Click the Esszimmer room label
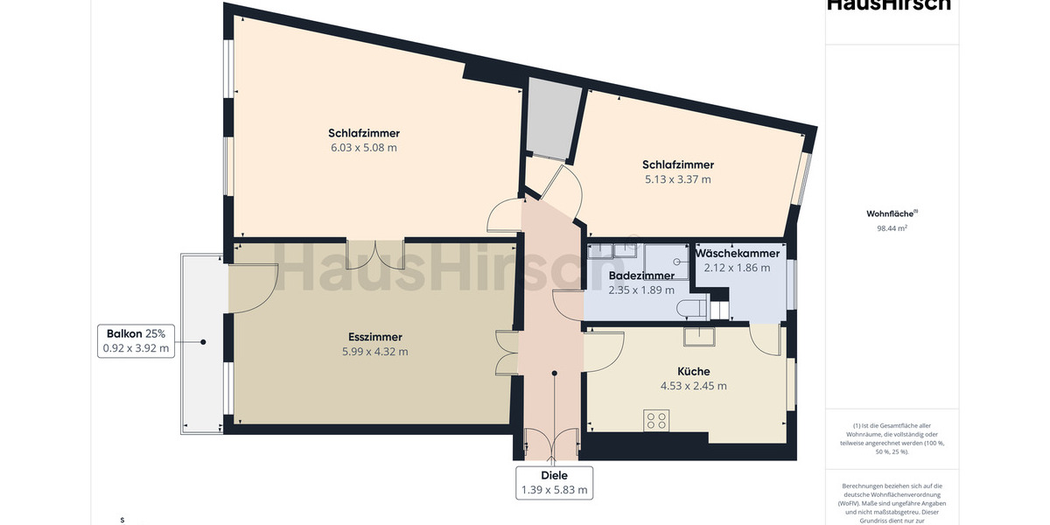(x=374, y=337)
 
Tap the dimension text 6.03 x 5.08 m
(x=363, y=148)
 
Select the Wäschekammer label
(x=737, y=254)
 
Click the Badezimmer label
(x=641, y=276)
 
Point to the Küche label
(x=693, y=371)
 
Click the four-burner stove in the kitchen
(x=656, y=420)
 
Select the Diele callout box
(x=553, y=483)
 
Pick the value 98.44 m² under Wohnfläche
(x=892, y=227)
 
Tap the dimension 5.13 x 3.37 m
(x=677, y=179)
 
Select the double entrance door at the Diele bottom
(x=551, y=444)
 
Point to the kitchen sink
(x=699, y=337)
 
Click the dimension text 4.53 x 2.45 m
(x=693, y=386)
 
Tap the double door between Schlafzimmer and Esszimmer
(x=375, y=253)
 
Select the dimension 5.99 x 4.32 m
(x=374, y=352)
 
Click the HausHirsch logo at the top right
(x=888, y=5)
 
